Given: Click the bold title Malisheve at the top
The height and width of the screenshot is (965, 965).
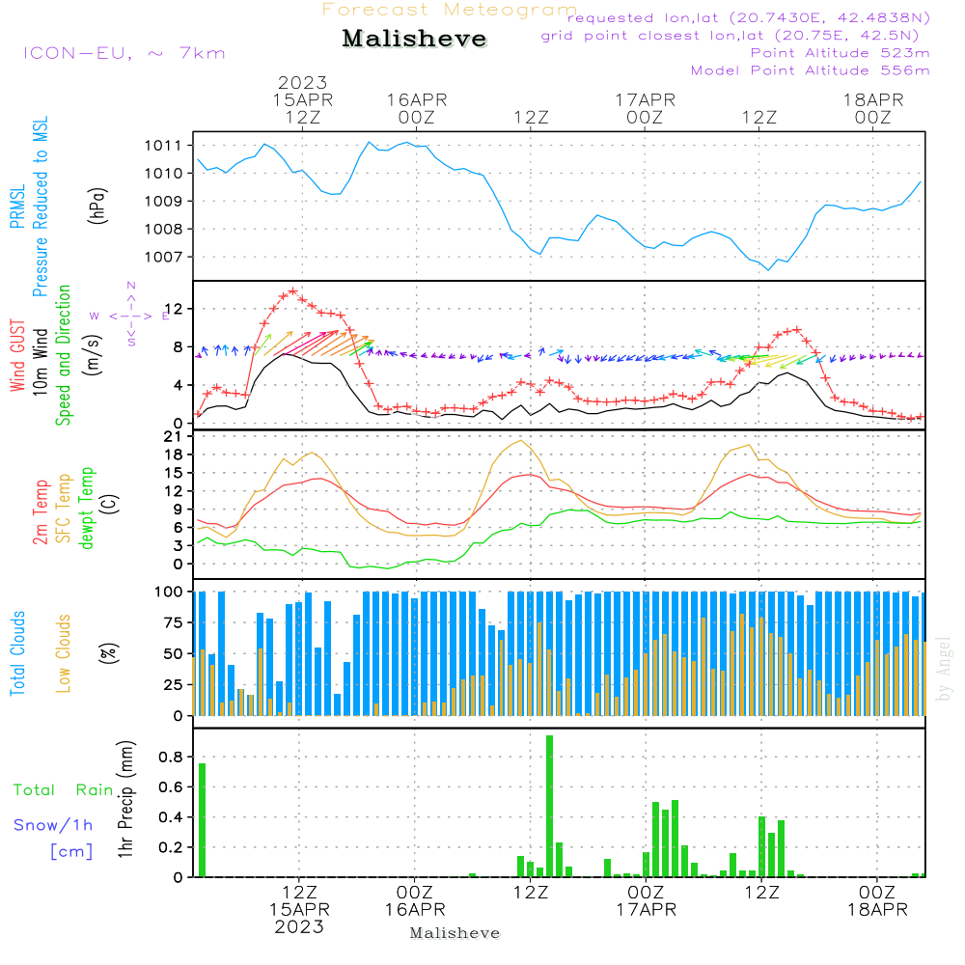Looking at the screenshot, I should point(414,40).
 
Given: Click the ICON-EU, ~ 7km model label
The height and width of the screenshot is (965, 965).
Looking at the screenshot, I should point(124,53).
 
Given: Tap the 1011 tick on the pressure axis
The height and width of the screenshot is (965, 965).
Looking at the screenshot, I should point(164,146).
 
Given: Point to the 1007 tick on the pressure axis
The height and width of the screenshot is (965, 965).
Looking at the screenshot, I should point(164,258).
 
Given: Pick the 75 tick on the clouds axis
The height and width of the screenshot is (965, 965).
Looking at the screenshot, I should point(174,623).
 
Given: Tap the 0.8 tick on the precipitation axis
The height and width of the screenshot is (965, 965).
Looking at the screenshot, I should point(172,758).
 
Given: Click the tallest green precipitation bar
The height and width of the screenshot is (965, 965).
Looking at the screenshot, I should point(549,806).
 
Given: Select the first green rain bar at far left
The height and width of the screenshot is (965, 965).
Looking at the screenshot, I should point(202,819).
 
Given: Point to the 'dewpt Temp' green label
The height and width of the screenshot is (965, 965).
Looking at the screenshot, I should point(87,509).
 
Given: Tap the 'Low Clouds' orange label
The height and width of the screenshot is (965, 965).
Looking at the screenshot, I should point(64,652).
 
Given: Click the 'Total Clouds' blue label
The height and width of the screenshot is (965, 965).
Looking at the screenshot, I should point(18,652).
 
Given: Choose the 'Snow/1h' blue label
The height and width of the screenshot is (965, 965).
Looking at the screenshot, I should point(53,825).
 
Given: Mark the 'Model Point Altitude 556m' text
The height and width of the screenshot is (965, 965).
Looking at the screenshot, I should point(810,70).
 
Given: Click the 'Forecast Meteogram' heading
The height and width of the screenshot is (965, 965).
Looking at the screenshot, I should point(450,11).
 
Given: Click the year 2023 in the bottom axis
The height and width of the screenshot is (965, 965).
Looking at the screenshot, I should point(299,926).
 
